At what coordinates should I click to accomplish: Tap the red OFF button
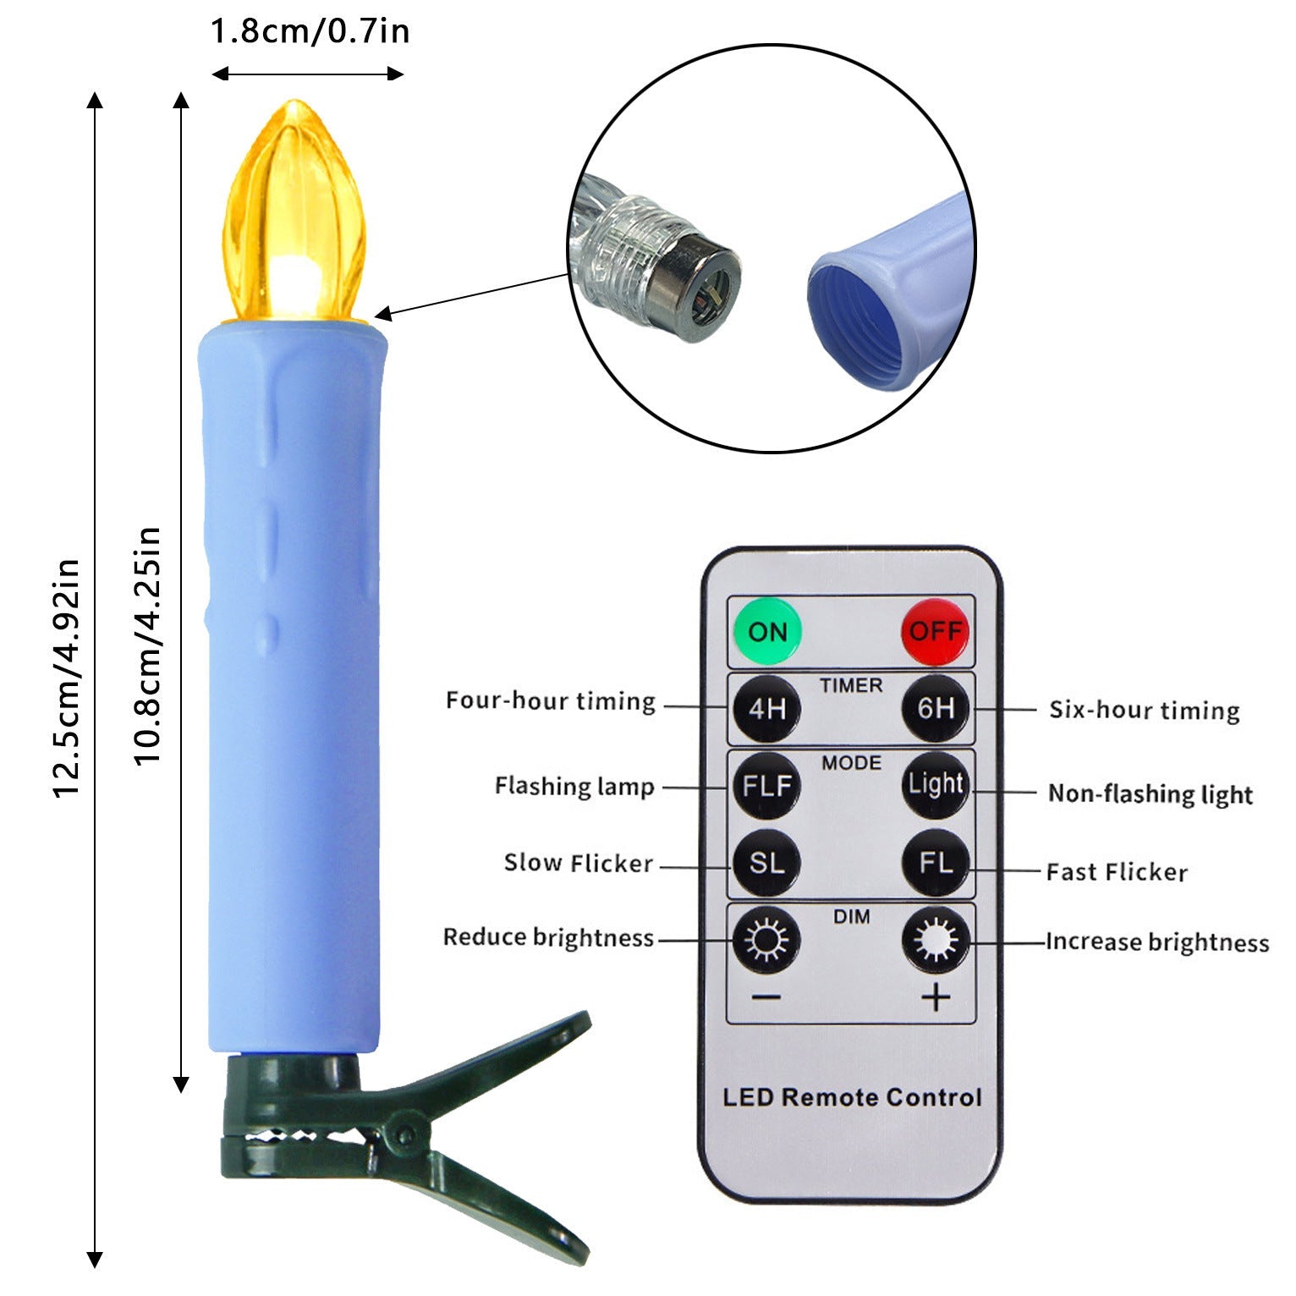point(935,631)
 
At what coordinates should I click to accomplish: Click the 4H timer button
point(766,708)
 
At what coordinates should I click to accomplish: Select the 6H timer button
point(936,708)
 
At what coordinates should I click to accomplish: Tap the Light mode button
point(936,785)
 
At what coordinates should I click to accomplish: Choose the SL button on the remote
point(766,863)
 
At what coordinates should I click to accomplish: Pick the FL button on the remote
point(936,863)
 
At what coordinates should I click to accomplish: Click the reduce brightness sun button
point(766,940)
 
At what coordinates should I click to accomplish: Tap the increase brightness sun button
point(936,940)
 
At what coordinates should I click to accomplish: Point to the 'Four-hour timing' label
point(551,701)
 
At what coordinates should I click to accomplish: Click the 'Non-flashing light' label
point(1150,794)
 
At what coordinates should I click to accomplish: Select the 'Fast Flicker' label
point(1117,871)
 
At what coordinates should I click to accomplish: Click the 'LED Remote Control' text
point(852,1097)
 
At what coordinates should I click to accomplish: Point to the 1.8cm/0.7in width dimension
point(310,31)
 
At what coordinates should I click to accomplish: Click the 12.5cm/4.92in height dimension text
point(66,678)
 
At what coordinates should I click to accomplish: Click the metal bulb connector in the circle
point(692,283)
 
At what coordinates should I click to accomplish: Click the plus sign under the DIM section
point(936,998)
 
